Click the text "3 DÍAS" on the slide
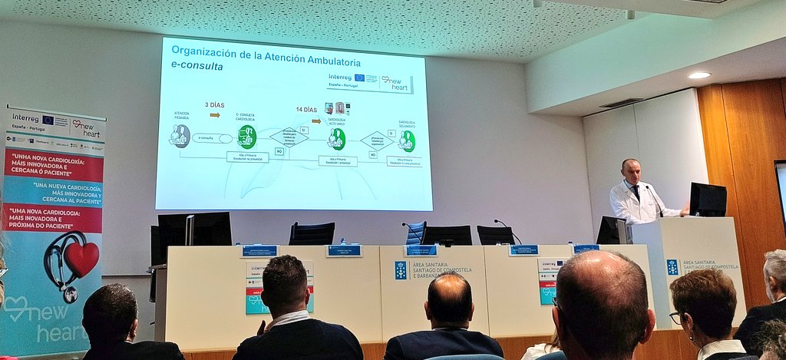pos(215,104)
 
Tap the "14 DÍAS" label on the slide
pos(306,110)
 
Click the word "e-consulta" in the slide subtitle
pos(197,67)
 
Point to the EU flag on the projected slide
pos(359,78)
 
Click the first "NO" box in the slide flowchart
pos(279,151)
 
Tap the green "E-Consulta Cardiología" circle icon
pos(246,137)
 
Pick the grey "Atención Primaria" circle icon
pos(180,135)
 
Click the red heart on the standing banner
pos(81,259)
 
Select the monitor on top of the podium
pos(708,200)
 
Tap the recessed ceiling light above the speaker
pos(698,75)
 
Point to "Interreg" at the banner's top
pos(25,118)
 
